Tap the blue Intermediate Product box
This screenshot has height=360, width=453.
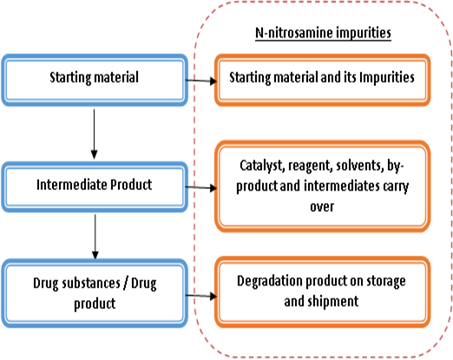pos(94,185)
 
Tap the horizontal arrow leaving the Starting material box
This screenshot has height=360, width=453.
pos(200,80)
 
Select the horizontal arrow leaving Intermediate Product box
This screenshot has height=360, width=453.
pos(200,187)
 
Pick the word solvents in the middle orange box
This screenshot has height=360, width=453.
pos(364,166)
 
